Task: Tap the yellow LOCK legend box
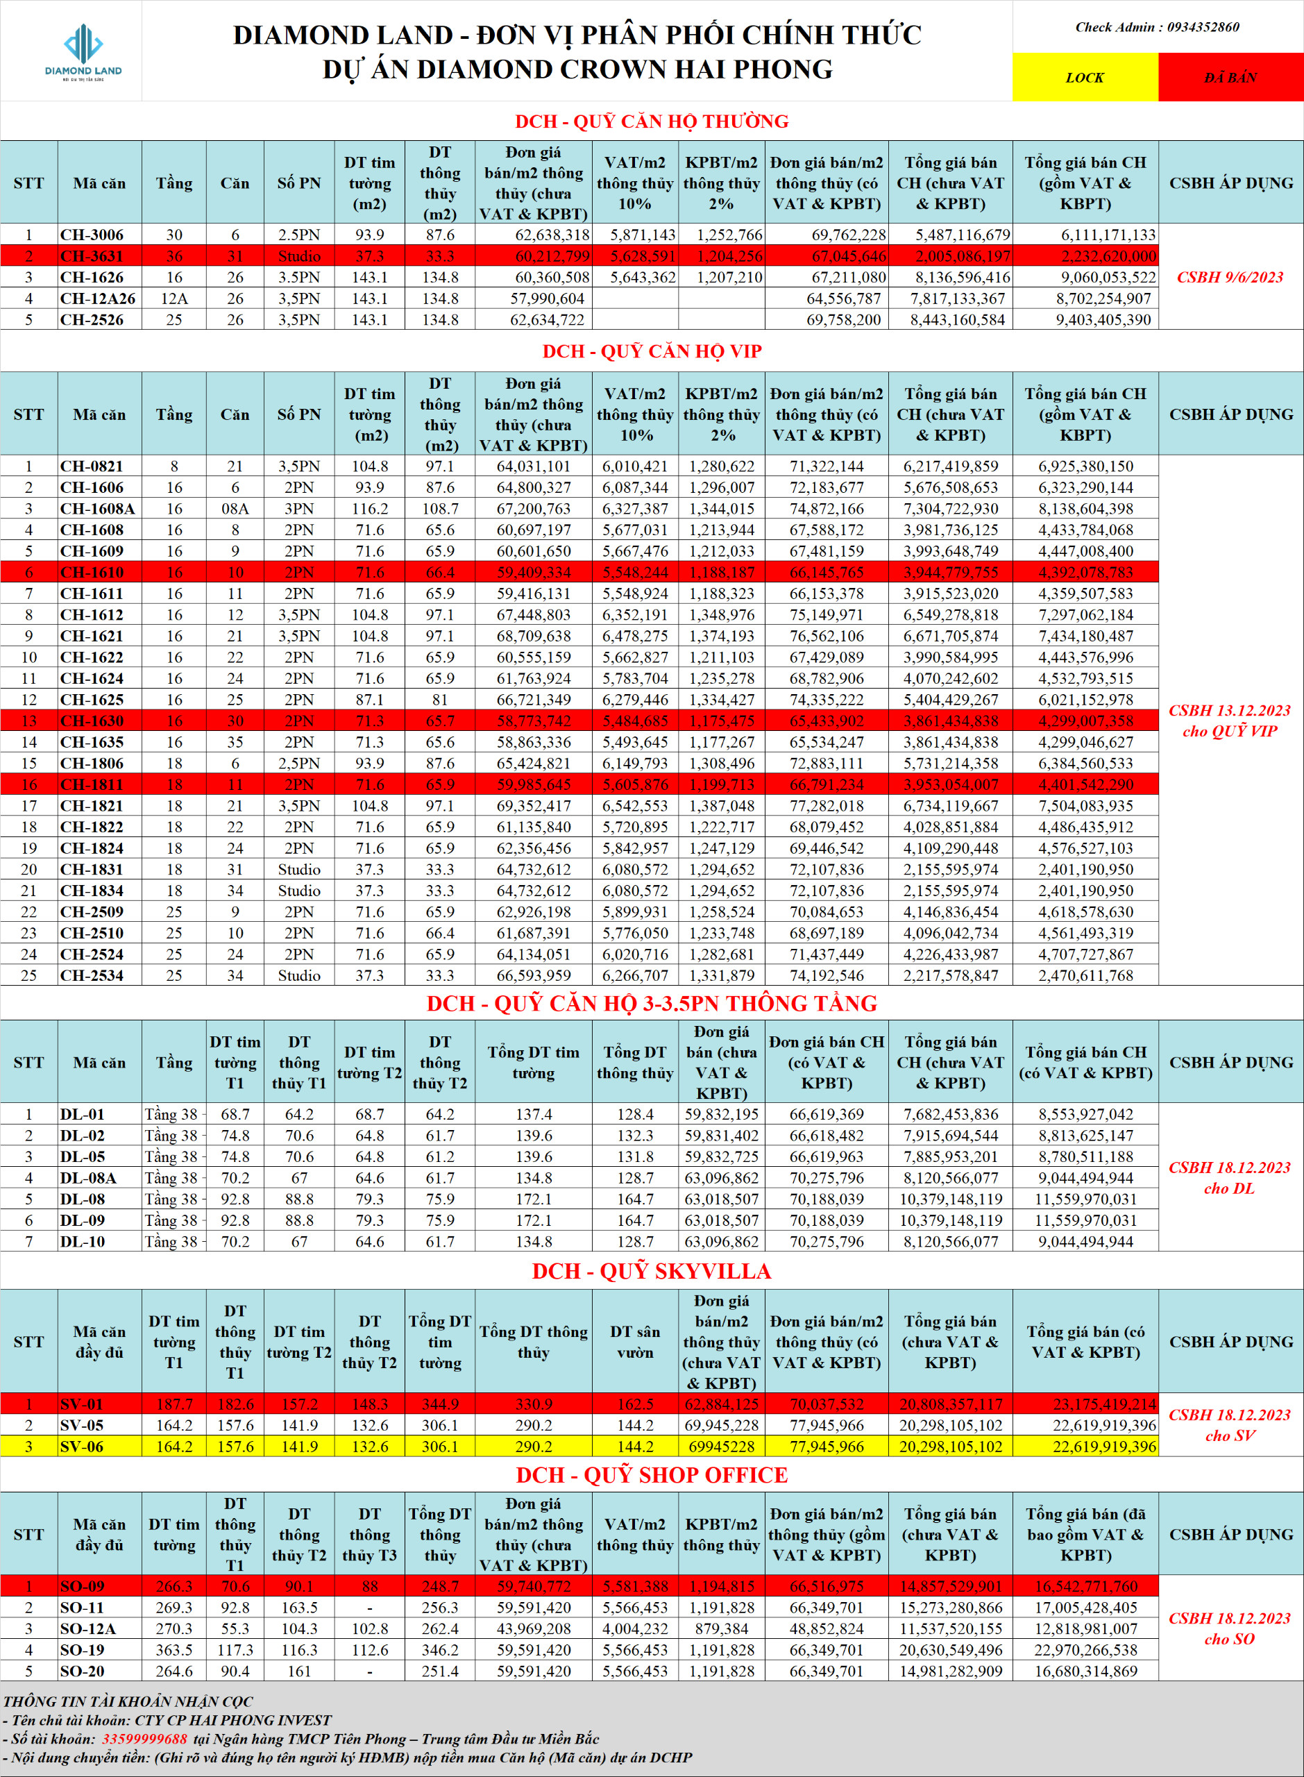tap(1085, 77)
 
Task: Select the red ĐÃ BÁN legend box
tap(1230, 77)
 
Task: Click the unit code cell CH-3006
tap(92, 235)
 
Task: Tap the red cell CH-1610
tap(92, 573)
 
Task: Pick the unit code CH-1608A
tap(98, 508)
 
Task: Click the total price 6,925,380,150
tap(1085, 466)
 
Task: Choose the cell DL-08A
tap(88, 1178)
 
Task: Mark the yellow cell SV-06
tap(82, 1446)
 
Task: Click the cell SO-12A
tap(87, 1628)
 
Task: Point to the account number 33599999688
tap(144, 1738)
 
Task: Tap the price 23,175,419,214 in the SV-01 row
tap(1103, 1404)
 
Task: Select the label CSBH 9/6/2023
tap(1230, 277)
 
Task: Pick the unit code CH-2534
tap(92, 975)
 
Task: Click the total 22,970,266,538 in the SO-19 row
tap(1085, 1650)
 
